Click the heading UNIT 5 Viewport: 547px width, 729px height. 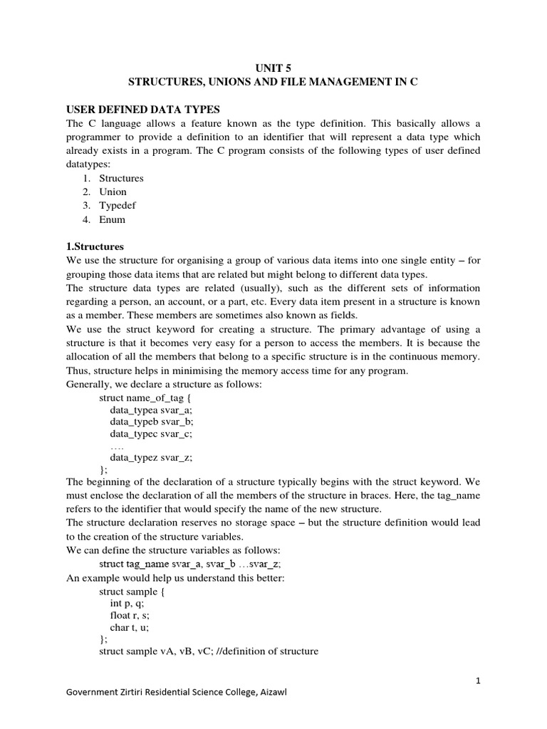tap(273, 69)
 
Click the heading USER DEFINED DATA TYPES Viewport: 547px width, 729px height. tap(143, 109)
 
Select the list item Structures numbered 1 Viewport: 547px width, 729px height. tap(121, 178)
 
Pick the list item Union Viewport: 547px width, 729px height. tap(113, 192)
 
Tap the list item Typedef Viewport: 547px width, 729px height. tap(118, 206)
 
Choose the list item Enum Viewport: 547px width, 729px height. tap(113, 220)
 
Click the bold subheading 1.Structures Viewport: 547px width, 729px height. tap(95, 247)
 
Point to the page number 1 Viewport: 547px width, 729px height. tap(479, 681)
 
